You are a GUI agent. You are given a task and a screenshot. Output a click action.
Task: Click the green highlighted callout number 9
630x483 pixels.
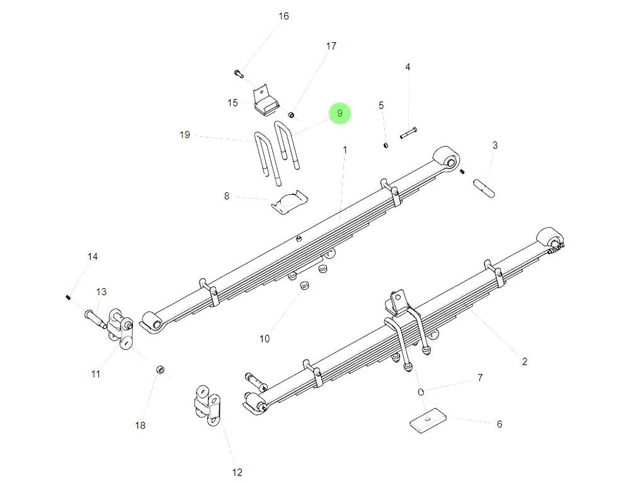click(340, 113)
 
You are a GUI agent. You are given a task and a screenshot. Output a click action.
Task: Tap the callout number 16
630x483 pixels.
click(283, 16)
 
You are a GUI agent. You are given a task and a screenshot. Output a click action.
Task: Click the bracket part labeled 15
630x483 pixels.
click(265, 102)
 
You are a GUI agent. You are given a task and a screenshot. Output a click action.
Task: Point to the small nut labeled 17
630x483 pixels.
click(292, 114)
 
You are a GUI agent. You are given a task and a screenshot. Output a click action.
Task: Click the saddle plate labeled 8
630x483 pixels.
click(289, 202)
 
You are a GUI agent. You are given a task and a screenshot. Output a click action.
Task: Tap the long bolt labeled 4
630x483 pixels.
click(408, 133)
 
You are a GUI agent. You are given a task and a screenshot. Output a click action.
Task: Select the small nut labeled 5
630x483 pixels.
click(386, 146)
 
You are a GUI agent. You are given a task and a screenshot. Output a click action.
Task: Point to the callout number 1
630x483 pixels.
click(345, 149)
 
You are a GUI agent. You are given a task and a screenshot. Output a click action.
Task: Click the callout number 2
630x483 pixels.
click(524, 361)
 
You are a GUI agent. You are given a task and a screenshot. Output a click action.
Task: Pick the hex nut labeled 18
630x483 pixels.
click(160, 370)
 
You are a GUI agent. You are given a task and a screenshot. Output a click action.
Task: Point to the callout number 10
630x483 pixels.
click(265, 339)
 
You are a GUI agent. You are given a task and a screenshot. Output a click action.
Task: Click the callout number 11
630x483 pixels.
click(95, 374)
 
